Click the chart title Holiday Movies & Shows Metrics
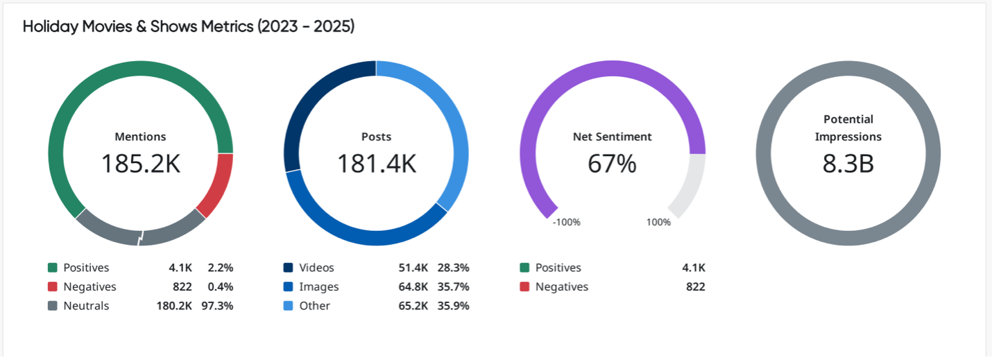pyautogui.click(x=188, y=27)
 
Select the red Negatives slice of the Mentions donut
pyautogui.click(x=216, y=183)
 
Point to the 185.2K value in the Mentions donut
pyautogui.click(x=140, y=164)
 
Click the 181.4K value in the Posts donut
pyautogui.click(x=376, y=164)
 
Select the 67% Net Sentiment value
pyautogui.click(x=612, y=164)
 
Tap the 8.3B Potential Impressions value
pyautogui.click(x=848, y=164)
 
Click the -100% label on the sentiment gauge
pyautogui.click(x=566, y=223)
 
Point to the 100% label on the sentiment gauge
pyautogui.click(x=658, y=223)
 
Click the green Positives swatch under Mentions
pyautogui.click(x=52, y=268)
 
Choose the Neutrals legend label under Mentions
pyautogui.click(x=86, y=306)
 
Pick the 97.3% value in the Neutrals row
pyautogui.click(x=220, y=306)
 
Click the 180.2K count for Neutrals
pyautogui.click(x=174, y=306)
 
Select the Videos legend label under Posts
pyautogui.click(x=316, y=268)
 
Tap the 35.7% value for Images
pyautogui.click(x=453, y=286)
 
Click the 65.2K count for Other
pyautogui.click(x=412, y=306)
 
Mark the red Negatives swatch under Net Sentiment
pyautogui.click(x=524, y=286)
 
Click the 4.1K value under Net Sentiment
pyautogui.click(x=693, y=268)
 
